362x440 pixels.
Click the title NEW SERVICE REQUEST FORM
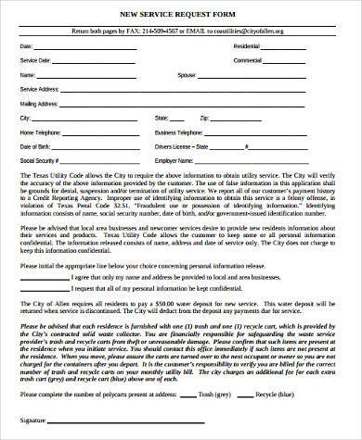tap(182, 16)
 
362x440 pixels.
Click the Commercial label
tap(247, 61)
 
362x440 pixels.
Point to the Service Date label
tap(32, 61)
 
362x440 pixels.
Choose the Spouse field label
tap(187, 75)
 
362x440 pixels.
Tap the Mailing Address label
tap(36, 104)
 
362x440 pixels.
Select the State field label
tap(187, 119)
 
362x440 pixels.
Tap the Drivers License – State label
tap(207, 146)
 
